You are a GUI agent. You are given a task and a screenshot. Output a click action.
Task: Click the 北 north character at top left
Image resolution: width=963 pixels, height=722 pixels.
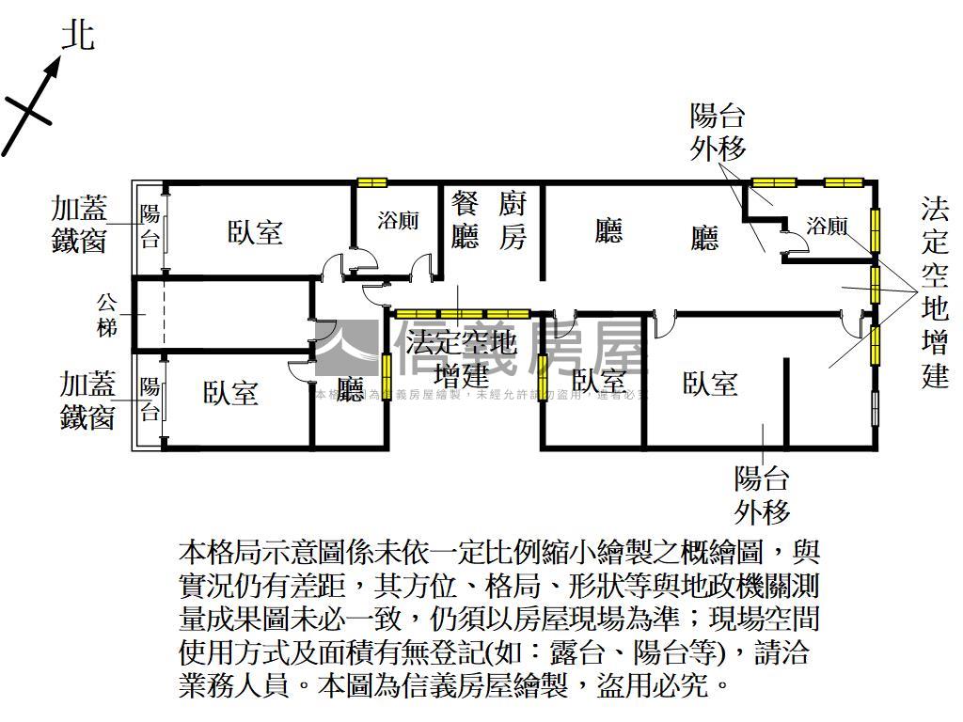[x=78, y=36]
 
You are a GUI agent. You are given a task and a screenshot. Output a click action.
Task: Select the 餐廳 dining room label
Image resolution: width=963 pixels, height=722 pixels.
[x=465, y=219]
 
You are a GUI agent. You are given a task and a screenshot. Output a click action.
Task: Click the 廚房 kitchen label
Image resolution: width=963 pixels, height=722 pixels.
[x=513, y=219]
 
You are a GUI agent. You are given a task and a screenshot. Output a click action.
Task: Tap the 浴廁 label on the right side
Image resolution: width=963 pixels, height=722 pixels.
[x=828, y=227]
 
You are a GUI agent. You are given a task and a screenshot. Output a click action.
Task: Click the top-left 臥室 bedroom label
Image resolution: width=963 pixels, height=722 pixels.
[x=255, y=232]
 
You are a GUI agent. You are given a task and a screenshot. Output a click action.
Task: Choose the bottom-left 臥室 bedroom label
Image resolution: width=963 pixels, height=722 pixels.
[x=230, y=392]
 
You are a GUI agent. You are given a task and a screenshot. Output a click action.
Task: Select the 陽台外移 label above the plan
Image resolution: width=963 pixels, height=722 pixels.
[x=718, y=132]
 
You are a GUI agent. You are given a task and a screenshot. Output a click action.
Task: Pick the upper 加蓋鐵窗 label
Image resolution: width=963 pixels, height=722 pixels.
[x=80, y=224]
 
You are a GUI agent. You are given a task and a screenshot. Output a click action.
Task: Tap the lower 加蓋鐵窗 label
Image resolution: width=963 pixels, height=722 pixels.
[x=87, y=400]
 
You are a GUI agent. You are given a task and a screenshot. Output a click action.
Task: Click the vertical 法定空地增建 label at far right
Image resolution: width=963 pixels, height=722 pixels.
[x=936, y=292]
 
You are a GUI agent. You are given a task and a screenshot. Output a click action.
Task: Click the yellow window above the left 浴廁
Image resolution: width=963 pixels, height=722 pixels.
[x=372, y=182]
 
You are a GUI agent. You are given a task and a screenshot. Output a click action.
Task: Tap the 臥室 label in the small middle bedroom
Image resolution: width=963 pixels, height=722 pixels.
[x=599, y=381]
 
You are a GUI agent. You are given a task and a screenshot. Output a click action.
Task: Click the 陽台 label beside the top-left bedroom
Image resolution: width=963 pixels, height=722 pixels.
[x=150, y=226]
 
